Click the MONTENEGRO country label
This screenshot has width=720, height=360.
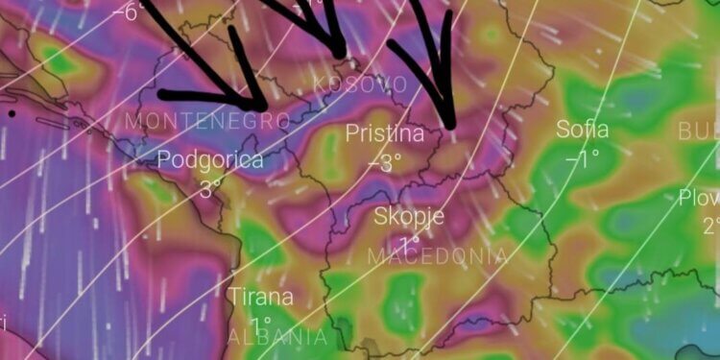coord(207,121)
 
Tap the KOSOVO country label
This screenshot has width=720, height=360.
coord(361,85)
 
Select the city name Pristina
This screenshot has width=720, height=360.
coord(384,133)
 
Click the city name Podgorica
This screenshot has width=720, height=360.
coord(210,159)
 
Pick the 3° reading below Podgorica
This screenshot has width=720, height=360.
coord(210,186)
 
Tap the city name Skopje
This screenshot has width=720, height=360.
coord(409,216)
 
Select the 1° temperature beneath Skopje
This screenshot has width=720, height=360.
coord(409,240)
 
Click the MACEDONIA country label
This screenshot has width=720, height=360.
coord(438,255)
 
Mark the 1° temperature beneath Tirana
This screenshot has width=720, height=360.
coord(260,323)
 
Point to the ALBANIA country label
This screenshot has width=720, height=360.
coord(277,338)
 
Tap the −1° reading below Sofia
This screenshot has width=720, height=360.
coord(580,157)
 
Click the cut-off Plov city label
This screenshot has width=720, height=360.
coord(699,198)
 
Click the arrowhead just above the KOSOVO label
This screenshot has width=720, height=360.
coord(339,53)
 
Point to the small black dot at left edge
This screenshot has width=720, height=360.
coord(11,113)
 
